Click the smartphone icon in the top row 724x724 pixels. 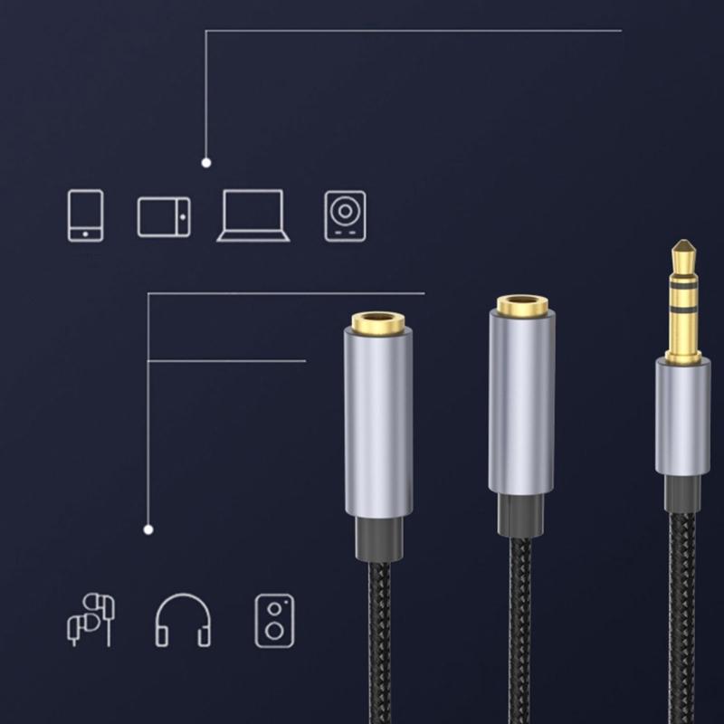click(x=85, y=215)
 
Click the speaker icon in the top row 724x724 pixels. click(x=345, y=216)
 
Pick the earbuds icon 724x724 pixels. click(x=91, y=619)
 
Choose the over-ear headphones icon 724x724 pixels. click(x=183, y=620)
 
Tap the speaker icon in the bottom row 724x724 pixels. click(x=274, y=620)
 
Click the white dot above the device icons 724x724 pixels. click(x=206, y=163)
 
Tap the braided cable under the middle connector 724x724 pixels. click(x=522, y=633)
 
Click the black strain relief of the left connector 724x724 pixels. click(x=378, y=538)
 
